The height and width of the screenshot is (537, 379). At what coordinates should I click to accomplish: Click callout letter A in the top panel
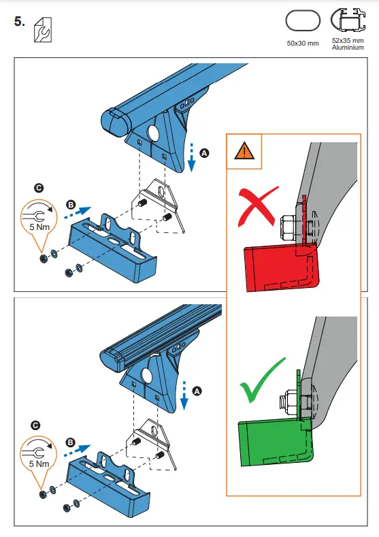204,154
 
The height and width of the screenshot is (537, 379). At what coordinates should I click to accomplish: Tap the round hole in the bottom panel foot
146,375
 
